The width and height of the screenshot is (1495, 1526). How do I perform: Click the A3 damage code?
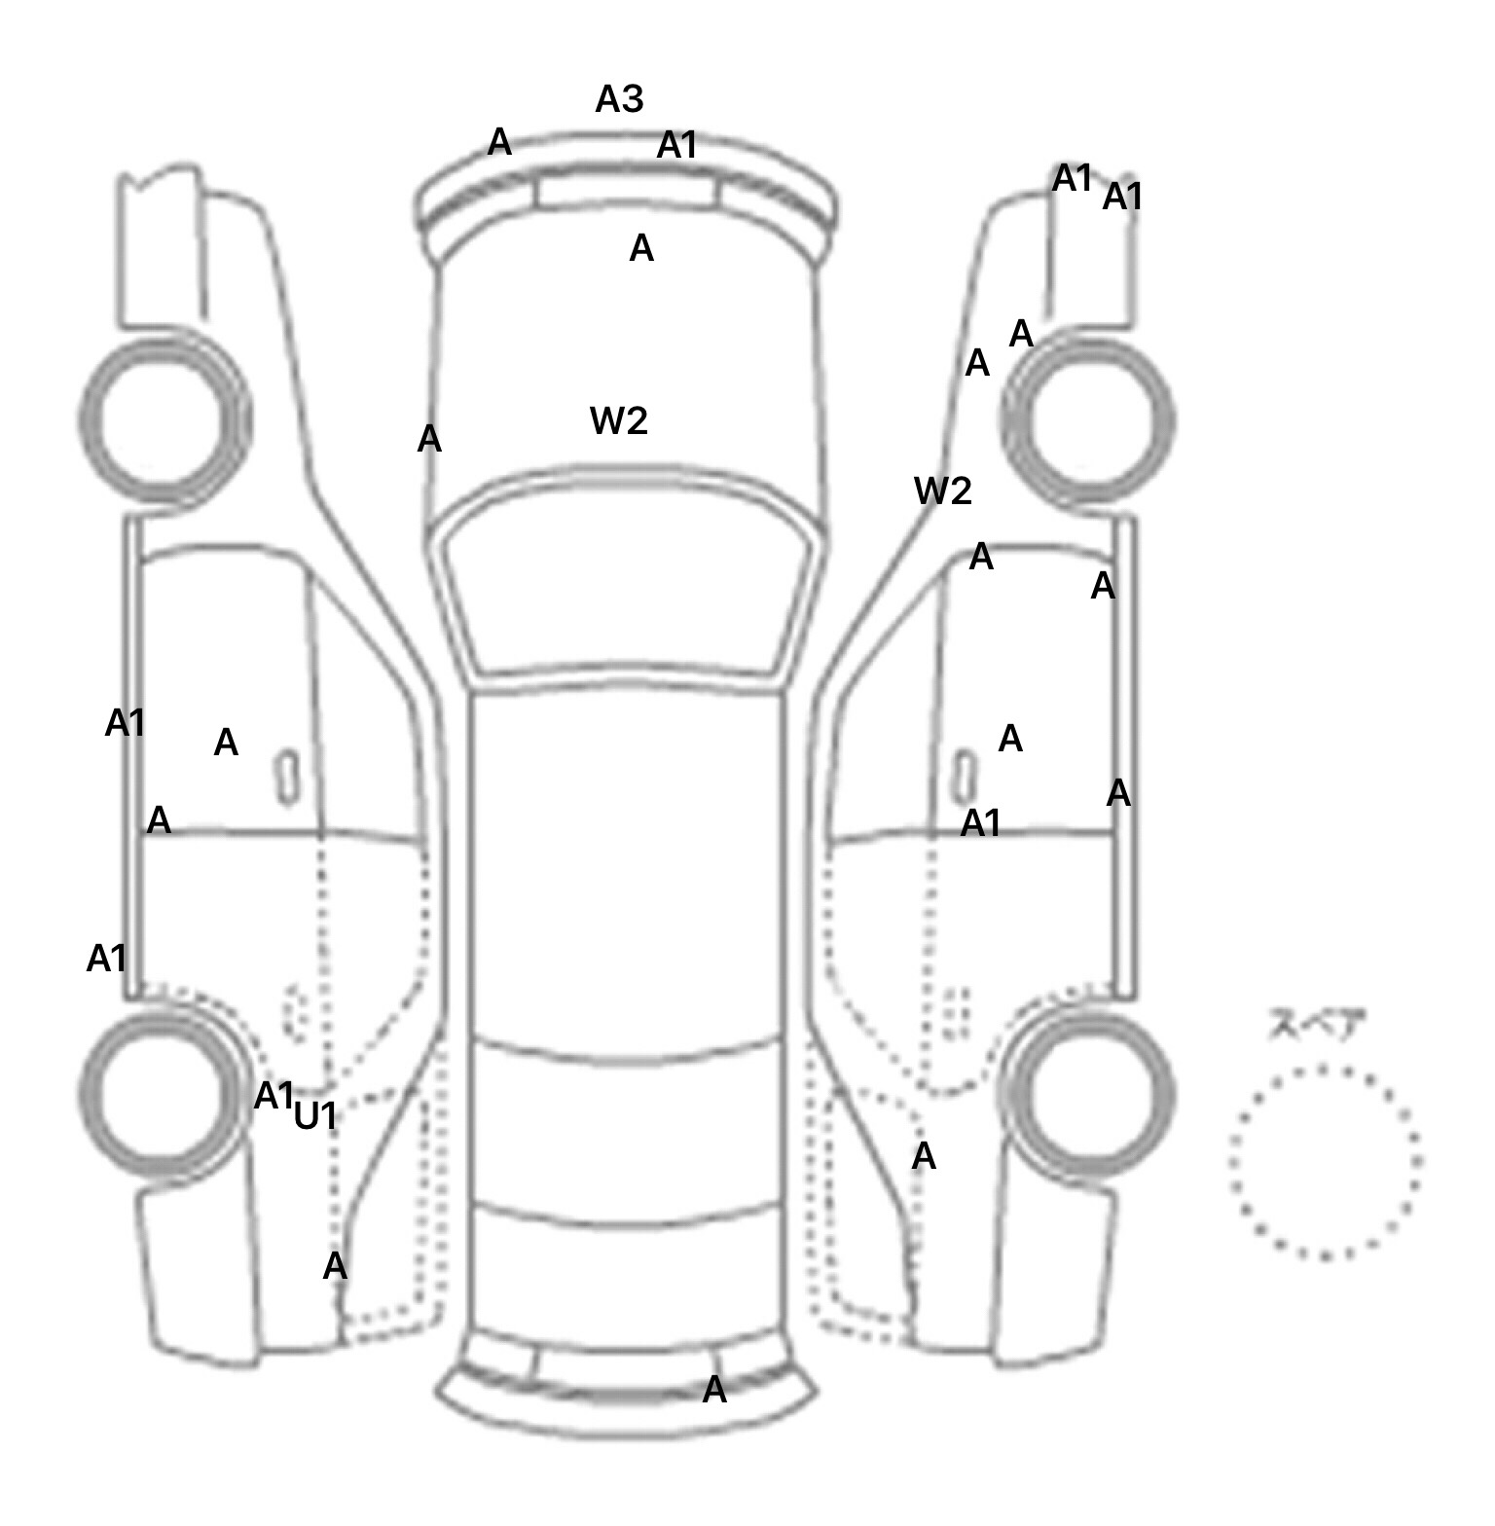(x=619, y=98)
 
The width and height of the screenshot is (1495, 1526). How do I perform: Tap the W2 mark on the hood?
(x=619, y=420)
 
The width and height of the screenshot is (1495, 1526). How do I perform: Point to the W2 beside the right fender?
(x=942, y=491)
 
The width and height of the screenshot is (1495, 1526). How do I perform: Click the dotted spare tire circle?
(x=1325, y=1161)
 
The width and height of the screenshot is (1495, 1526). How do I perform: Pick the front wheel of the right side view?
(x=1088, y=421)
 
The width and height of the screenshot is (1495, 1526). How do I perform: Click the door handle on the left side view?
(x=287, y=778)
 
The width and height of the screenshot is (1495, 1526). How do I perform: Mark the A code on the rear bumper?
(x=714, y=1390)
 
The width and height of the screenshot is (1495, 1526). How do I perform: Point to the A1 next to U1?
(x=273, y=1096)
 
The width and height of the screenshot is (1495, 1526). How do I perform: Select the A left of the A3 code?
(x=499, y=142)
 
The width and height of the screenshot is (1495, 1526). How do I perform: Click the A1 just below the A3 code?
(x=677, y=146)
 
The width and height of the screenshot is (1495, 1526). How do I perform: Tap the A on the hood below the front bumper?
(x=641, y=249)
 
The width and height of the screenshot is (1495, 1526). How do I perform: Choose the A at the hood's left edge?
(x=429, y=440)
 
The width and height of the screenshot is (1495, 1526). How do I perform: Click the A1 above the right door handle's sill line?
(x=980, y=824)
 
